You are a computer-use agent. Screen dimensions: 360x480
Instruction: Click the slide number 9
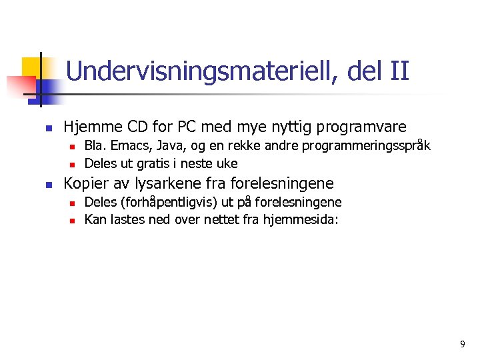pos(463,344)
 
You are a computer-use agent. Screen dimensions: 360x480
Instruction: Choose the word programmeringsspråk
pos(367,146)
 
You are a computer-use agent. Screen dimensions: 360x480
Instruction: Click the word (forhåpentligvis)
pos(167,203)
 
